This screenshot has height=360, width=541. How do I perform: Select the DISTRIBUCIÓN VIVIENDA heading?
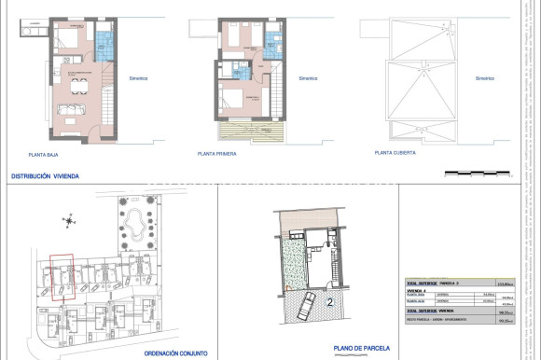pos(45,175)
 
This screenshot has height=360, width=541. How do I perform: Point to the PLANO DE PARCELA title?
pos(363,350)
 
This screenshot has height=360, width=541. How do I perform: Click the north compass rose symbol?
pos(69,221)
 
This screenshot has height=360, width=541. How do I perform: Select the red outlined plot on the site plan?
pos(62,276)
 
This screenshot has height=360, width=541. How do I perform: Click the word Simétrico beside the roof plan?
pos(484,79)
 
